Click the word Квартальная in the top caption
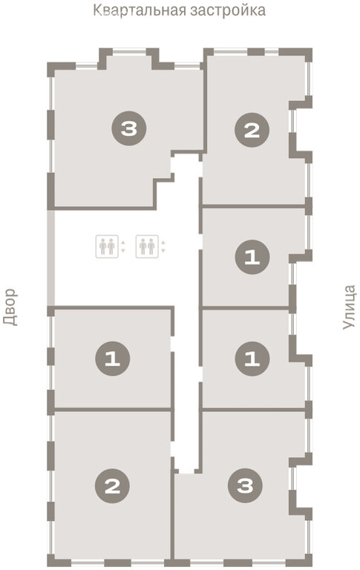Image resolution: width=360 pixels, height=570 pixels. point(140,10)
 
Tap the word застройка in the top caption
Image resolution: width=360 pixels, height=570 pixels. point(228,10)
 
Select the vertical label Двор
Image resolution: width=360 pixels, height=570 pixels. point(10,307)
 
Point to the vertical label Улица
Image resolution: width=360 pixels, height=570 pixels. point(348,307)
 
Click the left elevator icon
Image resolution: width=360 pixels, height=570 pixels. point(107,246)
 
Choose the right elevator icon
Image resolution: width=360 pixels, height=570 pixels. point(147,246)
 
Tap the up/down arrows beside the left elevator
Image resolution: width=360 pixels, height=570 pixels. point(123,246)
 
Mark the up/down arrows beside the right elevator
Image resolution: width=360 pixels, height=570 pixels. point(163,246)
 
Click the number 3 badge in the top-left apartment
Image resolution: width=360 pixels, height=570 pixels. point(129,128)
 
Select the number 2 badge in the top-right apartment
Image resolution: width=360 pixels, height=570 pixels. point(252,130)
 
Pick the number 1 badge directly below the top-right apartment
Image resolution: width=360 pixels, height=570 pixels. point(252,257)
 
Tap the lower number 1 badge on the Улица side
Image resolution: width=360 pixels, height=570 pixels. point(252,358)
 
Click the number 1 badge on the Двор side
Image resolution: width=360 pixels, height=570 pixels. point(112,358)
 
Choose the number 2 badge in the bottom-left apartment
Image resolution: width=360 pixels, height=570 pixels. point(112,485)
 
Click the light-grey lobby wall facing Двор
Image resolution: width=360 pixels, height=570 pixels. point(51,258)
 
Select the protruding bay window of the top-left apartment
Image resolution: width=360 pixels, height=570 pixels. point(128,58)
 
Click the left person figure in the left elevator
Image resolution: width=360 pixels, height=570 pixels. point(103,246)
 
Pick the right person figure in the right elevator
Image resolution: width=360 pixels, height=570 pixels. point(151,246)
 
